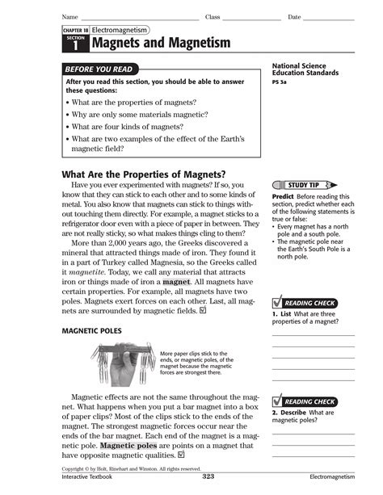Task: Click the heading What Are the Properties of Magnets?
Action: click(144, 175)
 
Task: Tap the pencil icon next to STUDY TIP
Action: click(331, 185)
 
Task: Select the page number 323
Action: click(208, 478)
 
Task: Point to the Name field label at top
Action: click(69, 17)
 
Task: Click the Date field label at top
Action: click(294, 17)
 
